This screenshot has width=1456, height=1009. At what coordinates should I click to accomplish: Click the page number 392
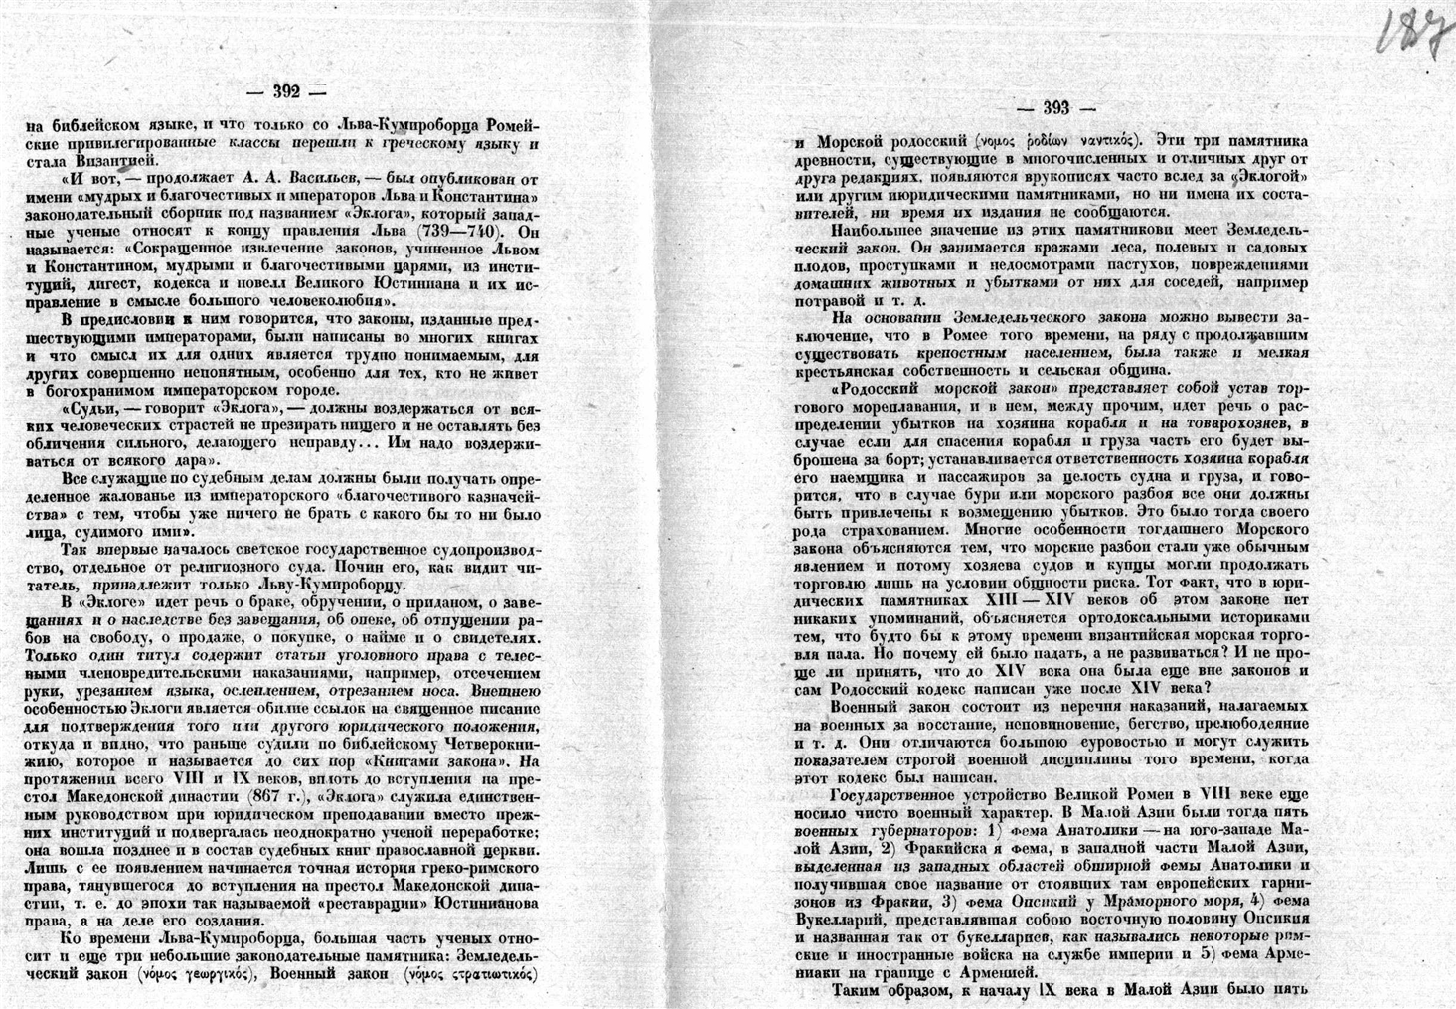287,90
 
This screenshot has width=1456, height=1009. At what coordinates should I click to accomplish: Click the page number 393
1055,109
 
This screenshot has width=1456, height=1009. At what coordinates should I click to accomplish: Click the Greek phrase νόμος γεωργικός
192,973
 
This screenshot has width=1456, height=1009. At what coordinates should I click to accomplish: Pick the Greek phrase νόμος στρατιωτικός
472,973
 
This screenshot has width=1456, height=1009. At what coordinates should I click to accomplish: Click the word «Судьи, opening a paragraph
92,407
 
